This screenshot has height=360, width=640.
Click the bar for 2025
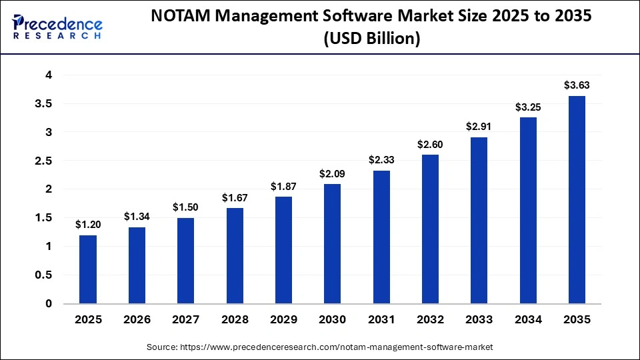click(88, 269)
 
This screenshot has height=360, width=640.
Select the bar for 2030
click(332, 244)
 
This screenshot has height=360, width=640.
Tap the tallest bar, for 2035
click(577, 200)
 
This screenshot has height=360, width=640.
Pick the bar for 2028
click(235, 256)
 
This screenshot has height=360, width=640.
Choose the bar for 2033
click(479, 221)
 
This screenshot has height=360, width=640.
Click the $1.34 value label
click(137, 217)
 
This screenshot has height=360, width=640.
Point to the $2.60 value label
click(430, 145)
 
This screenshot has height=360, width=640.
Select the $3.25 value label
click(527, 107)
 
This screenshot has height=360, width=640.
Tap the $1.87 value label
click(283, 187)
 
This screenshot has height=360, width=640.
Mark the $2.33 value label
click(381, 160)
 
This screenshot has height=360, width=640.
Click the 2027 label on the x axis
click(186, 320)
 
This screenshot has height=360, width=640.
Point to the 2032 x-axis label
click(430, 320)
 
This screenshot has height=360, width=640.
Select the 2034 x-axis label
click(527, 320)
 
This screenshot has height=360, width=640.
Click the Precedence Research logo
click(57, 27)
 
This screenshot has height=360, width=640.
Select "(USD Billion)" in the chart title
click(371, 40)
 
